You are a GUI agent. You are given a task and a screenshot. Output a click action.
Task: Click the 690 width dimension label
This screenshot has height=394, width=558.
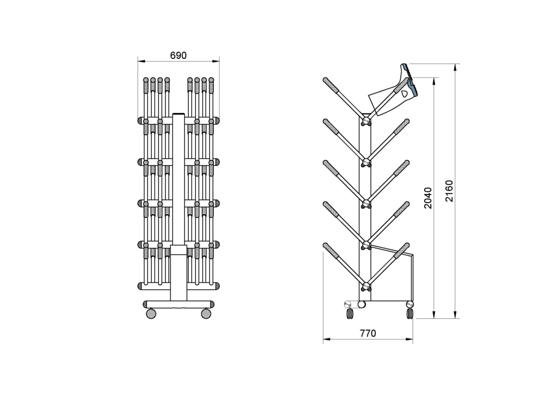[x=179, y=55]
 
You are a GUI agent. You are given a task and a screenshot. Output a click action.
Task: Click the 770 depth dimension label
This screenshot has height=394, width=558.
[x=368, y=333]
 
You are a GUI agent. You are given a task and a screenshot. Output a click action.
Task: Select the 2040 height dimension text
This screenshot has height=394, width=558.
[x=428, y=198]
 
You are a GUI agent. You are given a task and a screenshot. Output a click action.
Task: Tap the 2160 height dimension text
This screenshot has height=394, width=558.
[x=449, y=191]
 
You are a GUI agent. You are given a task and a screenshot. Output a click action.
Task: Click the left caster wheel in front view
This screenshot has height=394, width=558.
[x=151, y=314]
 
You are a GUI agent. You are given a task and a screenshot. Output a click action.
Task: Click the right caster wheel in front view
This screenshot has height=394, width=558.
[x=206, y=314]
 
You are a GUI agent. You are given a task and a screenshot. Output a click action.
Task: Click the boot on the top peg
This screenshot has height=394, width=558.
[x=393, y=90]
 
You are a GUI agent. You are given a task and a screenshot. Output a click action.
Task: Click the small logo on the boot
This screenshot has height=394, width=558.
[x=404, y=93]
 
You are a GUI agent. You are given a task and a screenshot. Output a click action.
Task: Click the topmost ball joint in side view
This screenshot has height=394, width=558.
[x=366, y=121]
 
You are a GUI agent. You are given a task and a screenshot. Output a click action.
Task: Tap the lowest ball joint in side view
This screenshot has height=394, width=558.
[x=366, y=286]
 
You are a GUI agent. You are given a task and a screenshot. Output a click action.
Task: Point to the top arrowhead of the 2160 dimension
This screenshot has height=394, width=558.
[x=455, y=67]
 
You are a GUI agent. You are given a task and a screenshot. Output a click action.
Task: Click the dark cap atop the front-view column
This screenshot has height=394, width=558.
[x=179, y=114]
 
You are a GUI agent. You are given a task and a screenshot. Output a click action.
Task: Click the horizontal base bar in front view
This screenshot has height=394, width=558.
[x=179, y=304]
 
